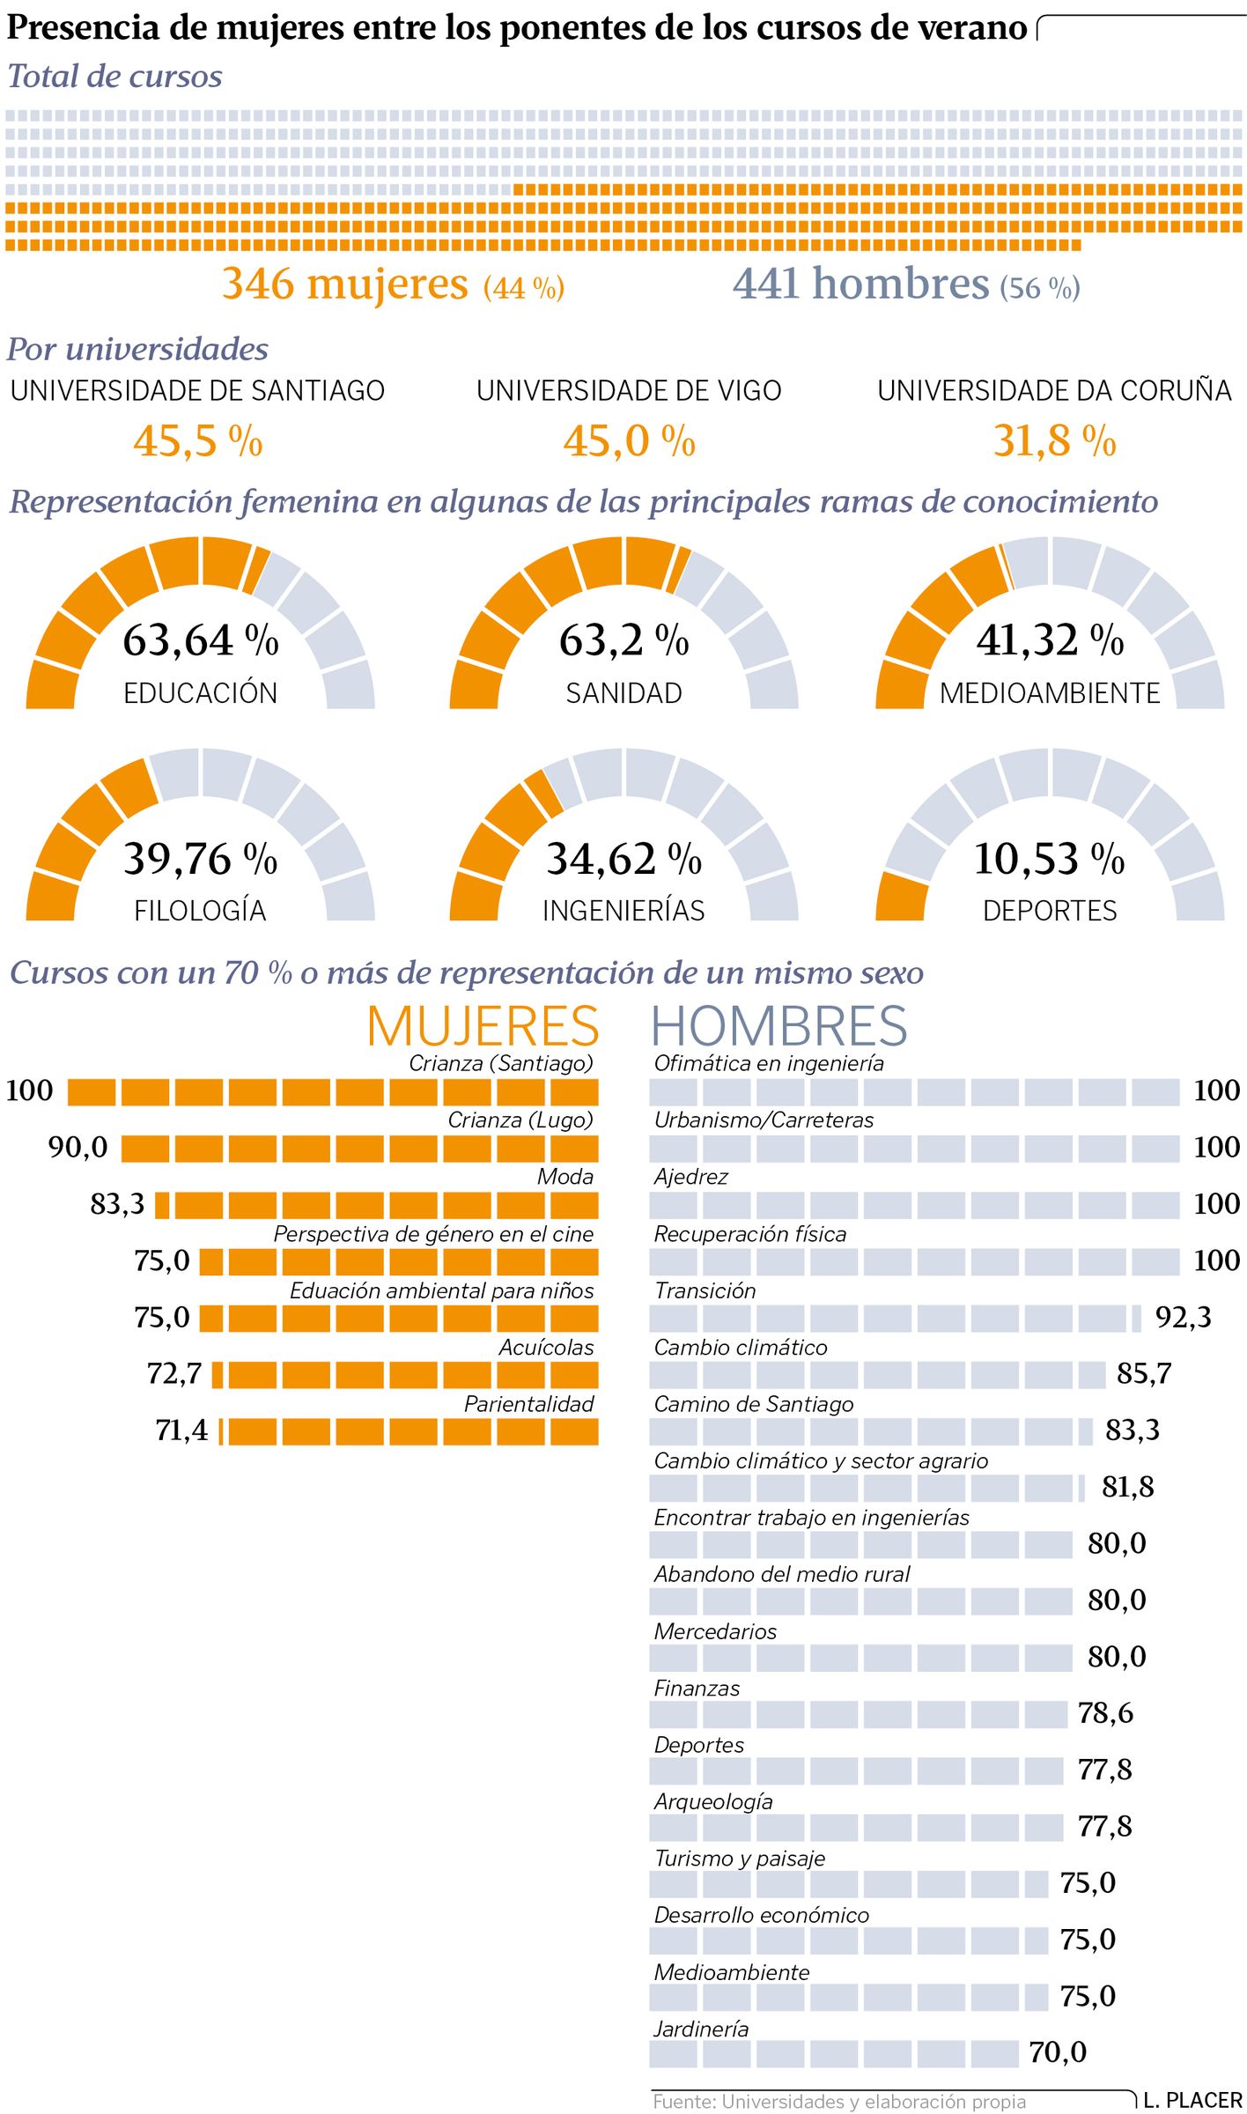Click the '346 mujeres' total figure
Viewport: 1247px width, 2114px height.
pyautogui.click(x=345, y=284)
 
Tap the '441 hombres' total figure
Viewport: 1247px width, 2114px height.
pyautogui.click(x=861, y=284)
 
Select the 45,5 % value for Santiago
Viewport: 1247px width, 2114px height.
pyautogui.click(x=198, y=440)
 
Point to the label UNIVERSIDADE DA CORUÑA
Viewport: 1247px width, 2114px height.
pyautogui.click(x=1054, y=390)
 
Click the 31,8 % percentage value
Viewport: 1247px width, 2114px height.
pyautogui.click(x=1054, y=440)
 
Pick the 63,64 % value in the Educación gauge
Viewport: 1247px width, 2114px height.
pyautogui.click(x=201, y=640)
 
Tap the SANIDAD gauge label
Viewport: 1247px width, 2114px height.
pyautogui.click(x=623, y=693)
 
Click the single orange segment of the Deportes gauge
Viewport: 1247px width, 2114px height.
pyautogui.click(x=902, y=897)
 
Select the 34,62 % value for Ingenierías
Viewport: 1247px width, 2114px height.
pyautogui.click(x=623, y=859)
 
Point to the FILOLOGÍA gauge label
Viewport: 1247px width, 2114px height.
pyautogui.click(x=200, y=910)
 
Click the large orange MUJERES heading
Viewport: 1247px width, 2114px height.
pyautogui.click(x=483, y=1026)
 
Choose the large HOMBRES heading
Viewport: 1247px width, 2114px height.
pyautogui.click(x=779, y=1026)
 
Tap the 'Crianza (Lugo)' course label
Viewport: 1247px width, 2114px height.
pyautogui.click(x=520, y=1120)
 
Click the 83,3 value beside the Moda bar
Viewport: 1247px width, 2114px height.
pyautogui.click(x=117, y=1204)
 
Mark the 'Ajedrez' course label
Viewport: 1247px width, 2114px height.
pyautogui.click(x=690, y=1177)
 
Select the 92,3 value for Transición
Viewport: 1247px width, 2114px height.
pyautogui.click(x=1184, y=1318)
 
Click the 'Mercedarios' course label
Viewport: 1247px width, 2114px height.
pyautogui.click(x=715, y=1631)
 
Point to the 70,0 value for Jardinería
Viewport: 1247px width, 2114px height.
pyautogui.click(x=1058, y=2052)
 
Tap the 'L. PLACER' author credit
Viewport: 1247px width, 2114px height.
pyautogui.click(x=1192, y=2100)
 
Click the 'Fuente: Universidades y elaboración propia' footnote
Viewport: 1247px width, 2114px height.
pyautogui.click(x=839, y=2102)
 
